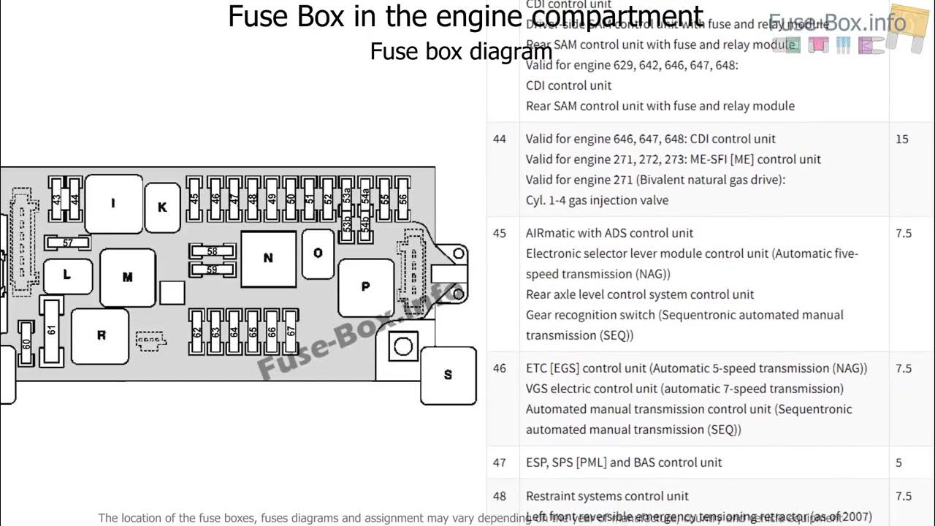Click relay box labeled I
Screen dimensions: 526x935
pyautogui.click(x=113, y=204)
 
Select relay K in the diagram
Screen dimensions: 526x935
pyautogui.click(x=162, y=207)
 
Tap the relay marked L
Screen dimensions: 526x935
pyautogui.click(x=67, y=275)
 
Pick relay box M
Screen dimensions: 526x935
pyautogui.click(x=127, y=277)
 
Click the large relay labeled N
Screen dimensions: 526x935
pyautogui.click(x=268, y=258)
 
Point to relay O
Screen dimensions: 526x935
pyautogui.click(x=318, y=253)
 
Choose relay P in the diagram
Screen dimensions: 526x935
pyautogui.click(x=365, y=287)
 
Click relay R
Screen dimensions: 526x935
pyautogui.click(x=101, y=335)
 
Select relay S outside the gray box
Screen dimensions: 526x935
pyautogui.click(x=448, y=375)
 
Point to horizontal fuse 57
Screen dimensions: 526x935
pyautogui.click(x=67, y=243)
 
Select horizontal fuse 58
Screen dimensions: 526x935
pyautogui.click(x=212, y=251)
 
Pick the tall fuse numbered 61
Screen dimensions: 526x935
pyautogui.click(x=51, y=329)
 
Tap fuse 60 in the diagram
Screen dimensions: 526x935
pyautogui.click(x=26, y=343)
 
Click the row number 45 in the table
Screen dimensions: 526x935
pyautogui.click(x=500, y=233)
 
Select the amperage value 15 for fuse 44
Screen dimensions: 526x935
pyautogui.click(x=902, y=139)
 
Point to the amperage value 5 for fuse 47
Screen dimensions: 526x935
pyautogui.click(x=899, y=462)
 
